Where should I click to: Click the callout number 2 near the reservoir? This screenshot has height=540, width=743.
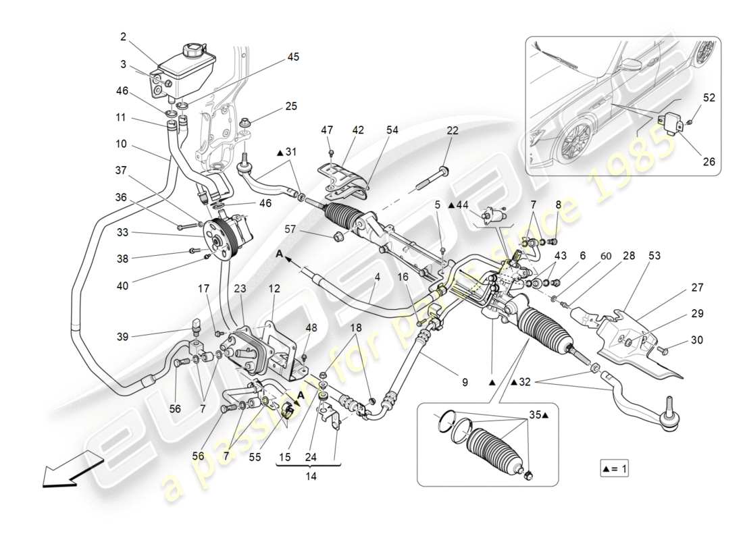click(x=122, y=37)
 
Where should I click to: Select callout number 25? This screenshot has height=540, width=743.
click(x=290, y=107)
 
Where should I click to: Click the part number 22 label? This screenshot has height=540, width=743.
click(x=452, y=130)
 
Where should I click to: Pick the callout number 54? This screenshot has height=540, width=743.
click(x=392, y=130)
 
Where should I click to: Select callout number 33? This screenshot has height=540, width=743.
click(x=122, y=234)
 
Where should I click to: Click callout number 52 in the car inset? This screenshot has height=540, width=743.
click(x=709, y=98)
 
